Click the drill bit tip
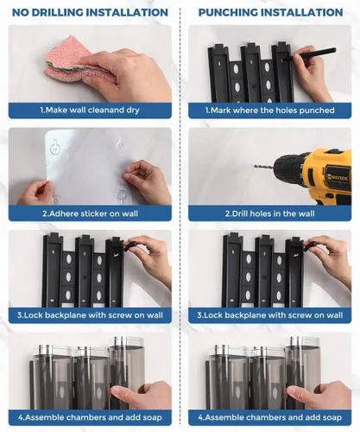tap(255, 165)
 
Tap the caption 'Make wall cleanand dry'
tap(90, 110)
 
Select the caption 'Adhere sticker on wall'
tap(90, 213)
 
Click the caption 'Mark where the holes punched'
tap(269, 111)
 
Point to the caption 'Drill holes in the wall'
tap(269, 213)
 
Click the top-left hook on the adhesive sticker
tap(55, 147)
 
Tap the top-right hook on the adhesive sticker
tap(121, 143)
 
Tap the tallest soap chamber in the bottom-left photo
tap(126, 372)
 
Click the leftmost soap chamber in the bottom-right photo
tap(227, 378)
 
